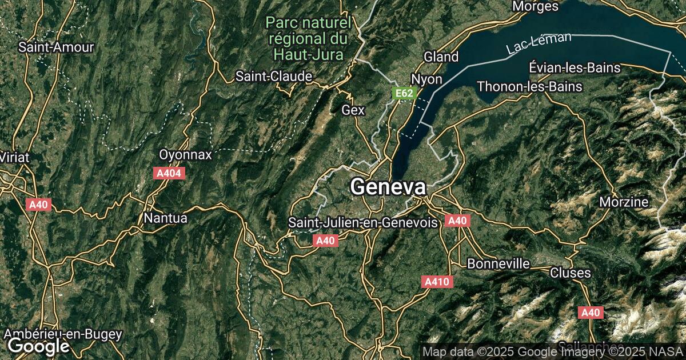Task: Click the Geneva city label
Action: pyautogui.click(x=388, y=187)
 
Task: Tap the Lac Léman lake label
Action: pyautogui.click(x=539, y=44)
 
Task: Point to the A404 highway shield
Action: pyautogui.click(x=169, y=173)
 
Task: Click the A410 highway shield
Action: pyautogui.click(x=438, y=282)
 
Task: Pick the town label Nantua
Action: pyautogui.click(x=166, y=218)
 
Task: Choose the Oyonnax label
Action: pyautogui.click(x=185, y=155)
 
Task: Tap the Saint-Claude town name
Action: pyautogui.click(x=274, y=76)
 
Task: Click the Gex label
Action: pyautogui.click(x=353, y=110)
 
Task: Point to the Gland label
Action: pyautogui.click(x=441, y=57)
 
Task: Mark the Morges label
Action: pyautogui.click(x=535, y=6)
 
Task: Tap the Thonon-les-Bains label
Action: pyautogui.click(x=529, y=87)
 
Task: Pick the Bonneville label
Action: pyautogui.click(x=498, y=264)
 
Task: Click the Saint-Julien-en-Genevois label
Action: pyautogui.click(x=363, y=222)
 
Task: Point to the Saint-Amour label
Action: pyautogui.click(x=56, y=47)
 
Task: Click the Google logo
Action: pyautogui.click(x=38, y=346)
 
